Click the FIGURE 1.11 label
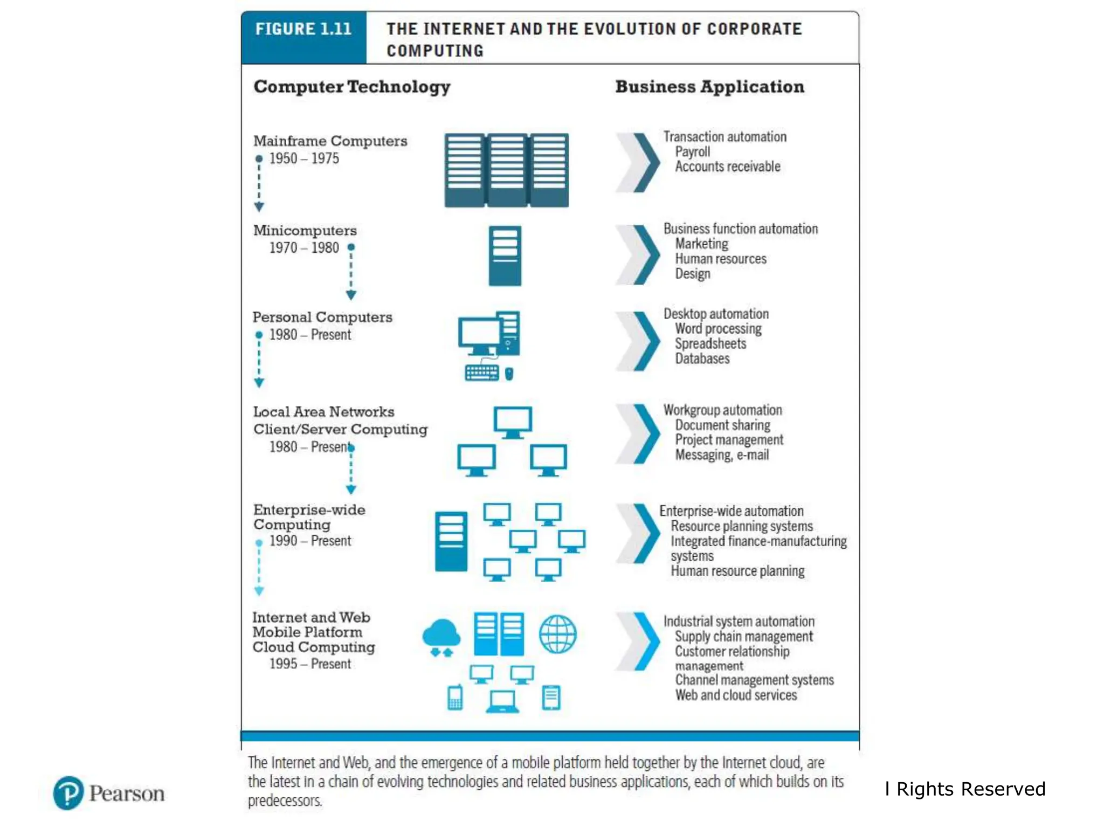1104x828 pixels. click(x=303, y=29)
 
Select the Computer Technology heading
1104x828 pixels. click(x=352, y=87)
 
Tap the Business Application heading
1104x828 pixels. click(x=709, y=86)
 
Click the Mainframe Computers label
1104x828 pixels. click(x=330, y=141)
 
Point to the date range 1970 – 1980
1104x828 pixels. click(x=304, y=247)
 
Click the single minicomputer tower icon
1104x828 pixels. click(x=505, y=256)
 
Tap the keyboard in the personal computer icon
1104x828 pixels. click(x=482, y=372)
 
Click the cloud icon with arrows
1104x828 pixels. click(x=441, y=637)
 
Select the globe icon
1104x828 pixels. click(x=558, y=634)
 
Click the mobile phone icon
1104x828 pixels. click(x=456, y=698)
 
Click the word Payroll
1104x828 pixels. click(x=692, y=151)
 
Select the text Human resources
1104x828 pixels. click(x=721, y=259)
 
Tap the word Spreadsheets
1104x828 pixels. click(x=710, y=343)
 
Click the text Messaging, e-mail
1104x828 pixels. click(x=722, y=455)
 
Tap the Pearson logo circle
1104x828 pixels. click(x=68, y=793)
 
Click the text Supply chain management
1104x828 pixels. click(x=744, y=637)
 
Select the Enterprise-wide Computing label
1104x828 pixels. click(x=309, y=517)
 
